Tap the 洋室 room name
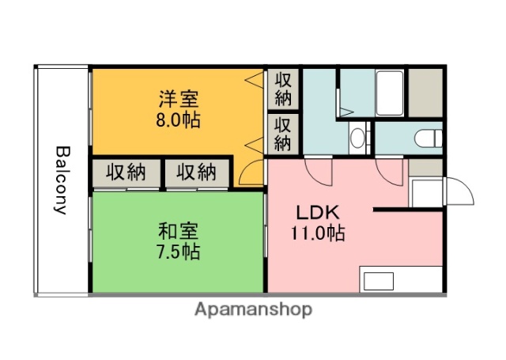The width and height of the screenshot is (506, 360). click(x=179, y=100)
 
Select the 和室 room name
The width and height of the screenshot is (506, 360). click(x=179, y=232)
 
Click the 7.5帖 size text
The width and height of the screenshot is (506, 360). click(x=179, y=252)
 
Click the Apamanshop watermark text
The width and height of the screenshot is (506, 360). click(x=253, y=309)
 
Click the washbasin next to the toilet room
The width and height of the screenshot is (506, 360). click(x=358, y=138)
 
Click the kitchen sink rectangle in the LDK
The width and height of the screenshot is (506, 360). click(x=378, y=281)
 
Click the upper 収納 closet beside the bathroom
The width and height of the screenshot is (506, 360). click(x=283, y=89)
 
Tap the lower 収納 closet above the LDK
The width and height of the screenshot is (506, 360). click(x=283, y=134)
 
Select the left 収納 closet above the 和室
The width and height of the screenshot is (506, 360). click(x=126, y=172)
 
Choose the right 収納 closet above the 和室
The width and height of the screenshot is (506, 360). click(x=196, y=172)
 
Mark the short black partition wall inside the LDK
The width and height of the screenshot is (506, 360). click(x=408, y=210)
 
